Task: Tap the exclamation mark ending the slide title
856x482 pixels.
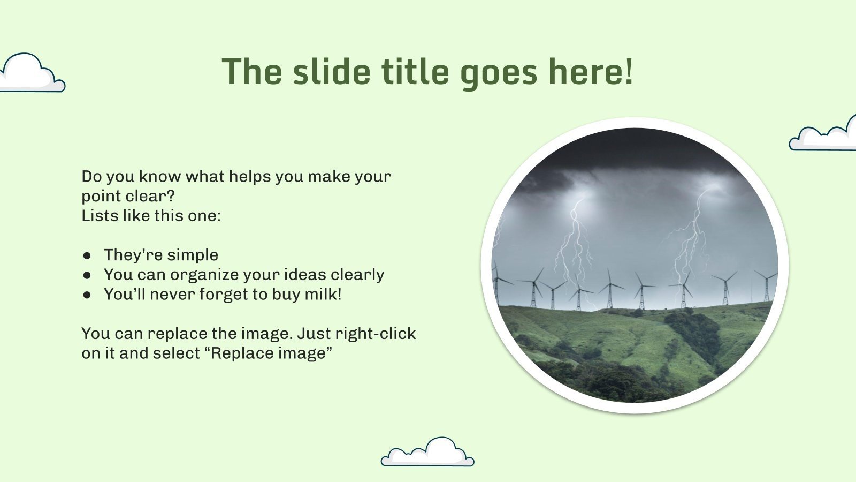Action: [x=628, y=72]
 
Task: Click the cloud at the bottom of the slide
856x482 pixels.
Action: [x=428, y=454]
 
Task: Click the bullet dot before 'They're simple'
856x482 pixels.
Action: [x=87, y=255]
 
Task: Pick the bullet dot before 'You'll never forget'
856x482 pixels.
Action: [x=87, y=295]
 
